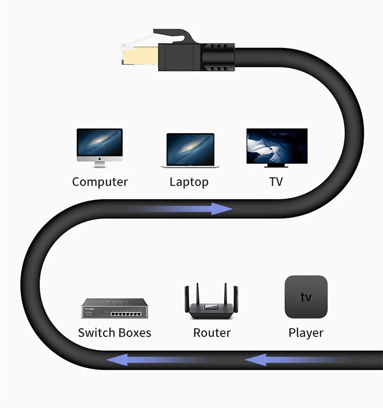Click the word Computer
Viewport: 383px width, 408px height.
tap(100, 182)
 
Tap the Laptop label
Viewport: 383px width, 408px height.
tap(189, 182)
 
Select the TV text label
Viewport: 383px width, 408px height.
tap(276, 182)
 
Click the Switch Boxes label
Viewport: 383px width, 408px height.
tap(114, 333)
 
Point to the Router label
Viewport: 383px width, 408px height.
tap(212, 333)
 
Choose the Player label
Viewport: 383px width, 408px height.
tap(306, 333)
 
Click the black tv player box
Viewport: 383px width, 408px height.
tap(306, 297)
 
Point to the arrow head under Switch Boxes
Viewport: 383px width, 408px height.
tap(115, 361)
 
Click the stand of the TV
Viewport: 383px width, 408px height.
tap(276, 165)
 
